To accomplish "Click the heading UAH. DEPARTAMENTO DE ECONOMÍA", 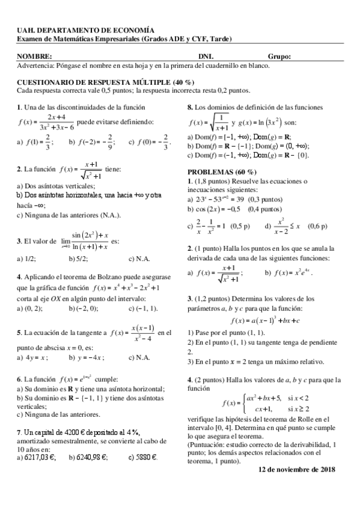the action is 85,30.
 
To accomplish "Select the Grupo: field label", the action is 279,57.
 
